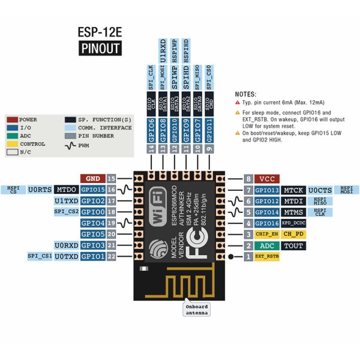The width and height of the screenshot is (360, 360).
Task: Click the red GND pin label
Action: pyautogui.click(x=93, y=178)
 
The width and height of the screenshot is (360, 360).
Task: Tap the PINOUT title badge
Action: pyautogui.click(x=100, y=49)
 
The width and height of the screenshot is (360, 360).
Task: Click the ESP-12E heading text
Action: pyautogui.click(x=100, y=31)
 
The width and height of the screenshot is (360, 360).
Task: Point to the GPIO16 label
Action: pyautogui.click(x=267, y=223)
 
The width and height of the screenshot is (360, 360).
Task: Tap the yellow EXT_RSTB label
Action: pyautogui.click(x=267, y=256)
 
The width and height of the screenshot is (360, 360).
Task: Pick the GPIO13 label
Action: pyautogui.click(x=267, y=190)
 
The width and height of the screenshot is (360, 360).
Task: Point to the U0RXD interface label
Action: pyautogui.click(x=66, y=245)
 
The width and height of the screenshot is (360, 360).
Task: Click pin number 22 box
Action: pyautogui.click(x=112, y=256)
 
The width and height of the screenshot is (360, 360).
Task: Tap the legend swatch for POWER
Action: pyautogui.click(x=11, y=119)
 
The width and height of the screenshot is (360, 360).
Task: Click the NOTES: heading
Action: pyautogui.click(x=245, y=94)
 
